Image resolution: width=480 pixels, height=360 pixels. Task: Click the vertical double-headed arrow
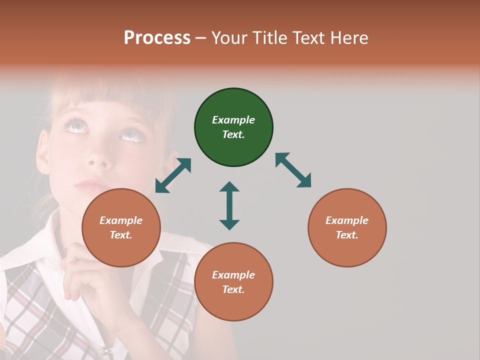point(229,205)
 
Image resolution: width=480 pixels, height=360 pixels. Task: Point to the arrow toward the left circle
point(173,175)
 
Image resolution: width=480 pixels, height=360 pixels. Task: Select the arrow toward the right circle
point(293,170)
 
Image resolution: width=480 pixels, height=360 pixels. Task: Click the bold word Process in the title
point(157,37)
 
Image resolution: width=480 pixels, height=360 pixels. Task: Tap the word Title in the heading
point(269,37)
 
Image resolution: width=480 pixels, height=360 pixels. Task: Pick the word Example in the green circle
point(233,120)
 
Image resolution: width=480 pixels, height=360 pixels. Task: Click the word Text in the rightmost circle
point(346,235)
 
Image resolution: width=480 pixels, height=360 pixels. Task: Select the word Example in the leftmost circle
point(121,220)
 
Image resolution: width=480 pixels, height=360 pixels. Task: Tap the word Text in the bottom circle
point(232,289)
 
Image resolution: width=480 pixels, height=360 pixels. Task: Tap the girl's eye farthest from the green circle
point(75,125)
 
